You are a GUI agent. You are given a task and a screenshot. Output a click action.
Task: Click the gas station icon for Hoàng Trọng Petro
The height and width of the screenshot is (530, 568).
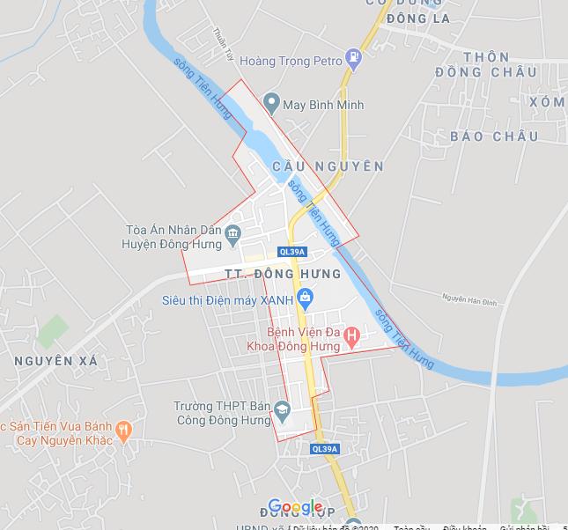[x=354, y=60]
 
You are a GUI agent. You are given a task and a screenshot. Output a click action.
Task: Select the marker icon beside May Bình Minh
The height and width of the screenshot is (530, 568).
[x=271, y=104]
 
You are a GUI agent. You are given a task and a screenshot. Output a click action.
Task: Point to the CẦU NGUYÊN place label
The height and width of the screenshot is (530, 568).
[x=328, y=166]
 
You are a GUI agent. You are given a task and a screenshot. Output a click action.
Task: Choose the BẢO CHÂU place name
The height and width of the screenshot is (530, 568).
[x=493, y=136]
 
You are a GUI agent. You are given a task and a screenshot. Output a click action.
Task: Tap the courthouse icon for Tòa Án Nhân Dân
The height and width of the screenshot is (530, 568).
[x=233, y=234]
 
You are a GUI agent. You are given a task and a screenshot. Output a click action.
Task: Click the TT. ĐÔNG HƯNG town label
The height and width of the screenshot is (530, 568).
[x=283, y=274]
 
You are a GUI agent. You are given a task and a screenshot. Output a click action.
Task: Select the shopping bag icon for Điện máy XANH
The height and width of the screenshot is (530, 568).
[x=305, y=298]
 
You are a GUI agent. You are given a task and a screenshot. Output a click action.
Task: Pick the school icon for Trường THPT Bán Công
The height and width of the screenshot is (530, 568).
[x=282, y=409]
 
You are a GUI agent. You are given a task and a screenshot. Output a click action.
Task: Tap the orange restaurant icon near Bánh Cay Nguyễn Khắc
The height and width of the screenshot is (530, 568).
[x=123, y=431]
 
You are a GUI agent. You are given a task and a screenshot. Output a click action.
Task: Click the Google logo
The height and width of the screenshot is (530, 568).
[x=295, y=507]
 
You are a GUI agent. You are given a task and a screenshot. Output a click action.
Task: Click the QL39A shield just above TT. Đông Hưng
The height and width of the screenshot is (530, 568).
[x=291, y=252]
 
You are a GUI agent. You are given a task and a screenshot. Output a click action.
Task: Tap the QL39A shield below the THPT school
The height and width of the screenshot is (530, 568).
[x=324, y=449]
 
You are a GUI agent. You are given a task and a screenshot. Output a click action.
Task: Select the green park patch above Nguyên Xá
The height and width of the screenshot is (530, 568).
[x=53, y=329]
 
